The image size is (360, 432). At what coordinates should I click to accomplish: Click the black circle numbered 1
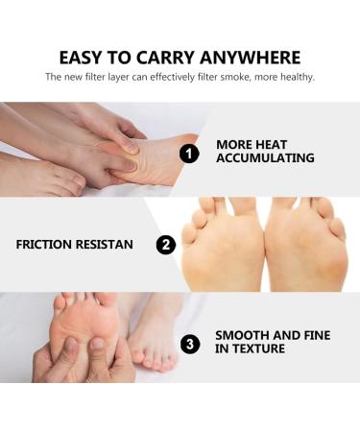(191, 152)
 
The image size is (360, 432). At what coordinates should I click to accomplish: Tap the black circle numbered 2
(167, 245)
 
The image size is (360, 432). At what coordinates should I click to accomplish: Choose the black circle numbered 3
(191, 342)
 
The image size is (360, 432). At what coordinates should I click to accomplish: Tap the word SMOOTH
(243, 335)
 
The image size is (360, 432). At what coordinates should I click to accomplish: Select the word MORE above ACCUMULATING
(234, 145)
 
